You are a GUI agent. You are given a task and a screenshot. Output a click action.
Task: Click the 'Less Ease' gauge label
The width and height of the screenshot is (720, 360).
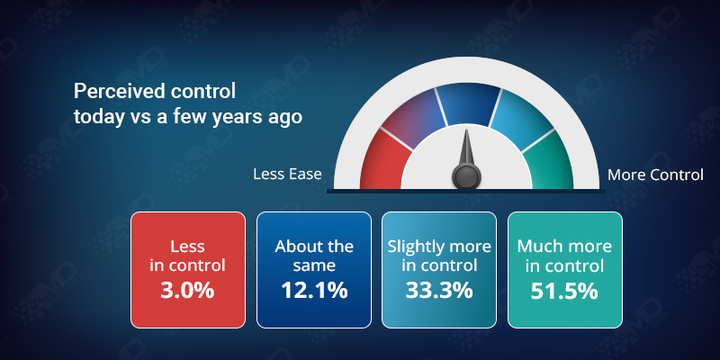point(286,175)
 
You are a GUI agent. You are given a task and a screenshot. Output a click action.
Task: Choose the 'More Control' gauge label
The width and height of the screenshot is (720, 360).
point(655,175)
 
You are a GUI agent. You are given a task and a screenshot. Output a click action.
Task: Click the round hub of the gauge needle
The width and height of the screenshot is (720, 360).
point(466,175)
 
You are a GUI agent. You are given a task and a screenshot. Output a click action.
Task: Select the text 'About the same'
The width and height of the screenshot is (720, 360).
point(314,256)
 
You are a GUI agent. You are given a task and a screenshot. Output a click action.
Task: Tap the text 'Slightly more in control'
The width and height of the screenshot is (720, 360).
point(439,256)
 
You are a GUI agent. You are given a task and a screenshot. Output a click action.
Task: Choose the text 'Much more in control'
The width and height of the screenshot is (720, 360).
point(564,256)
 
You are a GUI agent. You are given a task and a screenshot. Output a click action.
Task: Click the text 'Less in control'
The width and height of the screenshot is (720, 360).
point(187,256)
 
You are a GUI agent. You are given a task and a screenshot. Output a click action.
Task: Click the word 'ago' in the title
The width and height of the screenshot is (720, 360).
point(283,117)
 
